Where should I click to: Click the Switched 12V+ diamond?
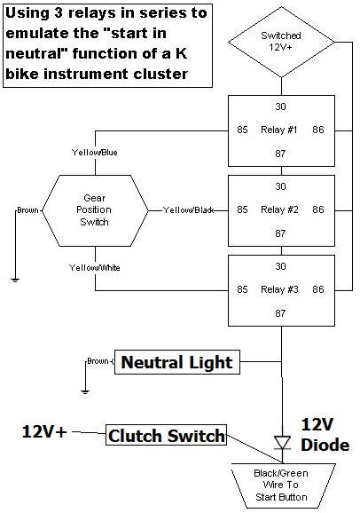pyautogui.click(x=281, y=43)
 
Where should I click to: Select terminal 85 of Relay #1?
pyautogui.click(x=242, y=130)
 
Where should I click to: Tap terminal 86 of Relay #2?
pyautogui.click(x=318, y=209)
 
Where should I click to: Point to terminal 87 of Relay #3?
pyautogui.click(x=280, y=313)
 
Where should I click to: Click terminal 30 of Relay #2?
pyautogui.click(x=280, y=186)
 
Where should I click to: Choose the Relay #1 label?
pyautogui.click(x=279, y=130)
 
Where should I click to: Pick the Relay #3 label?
pyautogui.click(x=279, y=289)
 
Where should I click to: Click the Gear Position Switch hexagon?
pyautogui.click(x=95, y=210)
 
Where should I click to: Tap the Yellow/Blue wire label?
pyautogui.click(x=95, y=152)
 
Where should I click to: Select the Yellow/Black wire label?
pyautogui.click(x=188, y=210)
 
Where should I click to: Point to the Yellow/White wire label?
pyautogui.click(x=95, y=268)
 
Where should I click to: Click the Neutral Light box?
pyautogui.click(x=177, y=362)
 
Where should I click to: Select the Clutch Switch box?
pyautogui.click(x=166, y=435)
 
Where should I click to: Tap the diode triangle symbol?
pyautogui.click(x=282, y=443)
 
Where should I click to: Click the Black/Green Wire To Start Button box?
pyautogui.click(x=283, y=485)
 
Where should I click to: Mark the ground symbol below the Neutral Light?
pyautogui.click(x=85, y=391)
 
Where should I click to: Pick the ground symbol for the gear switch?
pyautogui.click(x=15, y=280)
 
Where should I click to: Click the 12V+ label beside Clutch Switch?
pyautogui.click(x=44, y=431)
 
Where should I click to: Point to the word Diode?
pyautogui.click(x=325, y=445)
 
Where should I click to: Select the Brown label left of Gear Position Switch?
pyautogui.click(x=27, y=210)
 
